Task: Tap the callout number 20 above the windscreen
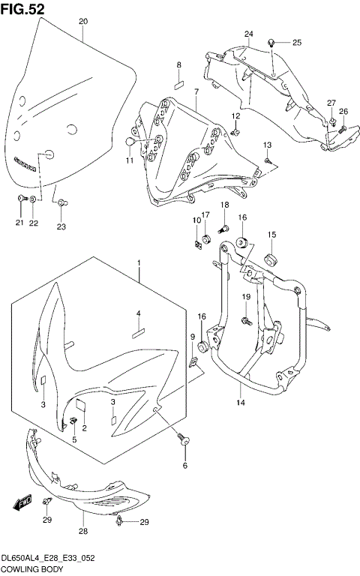point(82,21)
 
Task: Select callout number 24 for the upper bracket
point(249,34)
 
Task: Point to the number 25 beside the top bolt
point(296,42)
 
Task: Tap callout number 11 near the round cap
point(128,159)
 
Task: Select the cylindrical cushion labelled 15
point(271,259)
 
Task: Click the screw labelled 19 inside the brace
point(246,321)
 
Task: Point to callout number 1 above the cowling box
point(138,262)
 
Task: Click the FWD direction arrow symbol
point(21,501)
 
